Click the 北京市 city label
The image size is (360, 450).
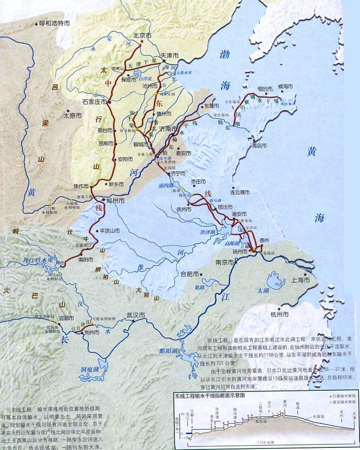[142, 36]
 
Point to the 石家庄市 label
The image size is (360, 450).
[95, 102]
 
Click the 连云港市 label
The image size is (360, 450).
[240, 192]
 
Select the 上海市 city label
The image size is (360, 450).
[302, 280]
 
